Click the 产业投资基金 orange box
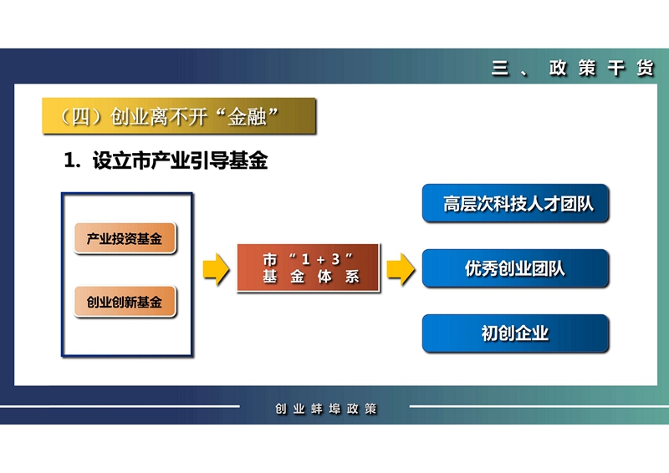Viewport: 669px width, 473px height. (x=125, y=238)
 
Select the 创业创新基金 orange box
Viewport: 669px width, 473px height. (x=125, y=302)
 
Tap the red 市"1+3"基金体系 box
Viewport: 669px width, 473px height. (x=308, y=268)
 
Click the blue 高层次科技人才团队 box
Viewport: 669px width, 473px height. (x=515, y=203)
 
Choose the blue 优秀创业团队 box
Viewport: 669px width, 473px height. (x=515, y=268)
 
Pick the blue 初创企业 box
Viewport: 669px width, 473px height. (x=515, y=333)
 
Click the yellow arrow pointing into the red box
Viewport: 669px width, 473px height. (x=217, y=269)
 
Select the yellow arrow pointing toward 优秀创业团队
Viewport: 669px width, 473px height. (x=401, y=269)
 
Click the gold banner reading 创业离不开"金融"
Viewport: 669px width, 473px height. (x=179, y=116)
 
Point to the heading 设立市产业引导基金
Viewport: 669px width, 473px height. (x=180, y=160)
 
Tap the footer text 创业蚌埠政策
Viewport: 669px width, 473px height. (x=326, y=409)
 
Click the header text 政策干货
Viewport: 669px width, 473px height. (x=601, y=68)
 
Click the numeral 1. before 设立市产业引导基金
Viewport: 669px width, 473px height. (x=72, y=160)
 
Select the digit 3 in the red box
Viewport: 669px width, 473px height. (x=336, y=259)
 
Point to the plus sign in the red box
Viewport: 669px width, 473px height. (x=321, y=260)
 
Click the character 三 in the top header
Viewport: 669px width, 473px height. (x=500, y=68)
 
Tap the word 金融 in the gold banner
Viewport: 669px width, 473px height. (x=247, y=116)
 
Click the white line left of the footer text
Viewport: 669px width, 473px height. (x=120, y=406)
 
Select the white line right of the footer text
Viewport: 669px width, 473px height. (x=539, y=406)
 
